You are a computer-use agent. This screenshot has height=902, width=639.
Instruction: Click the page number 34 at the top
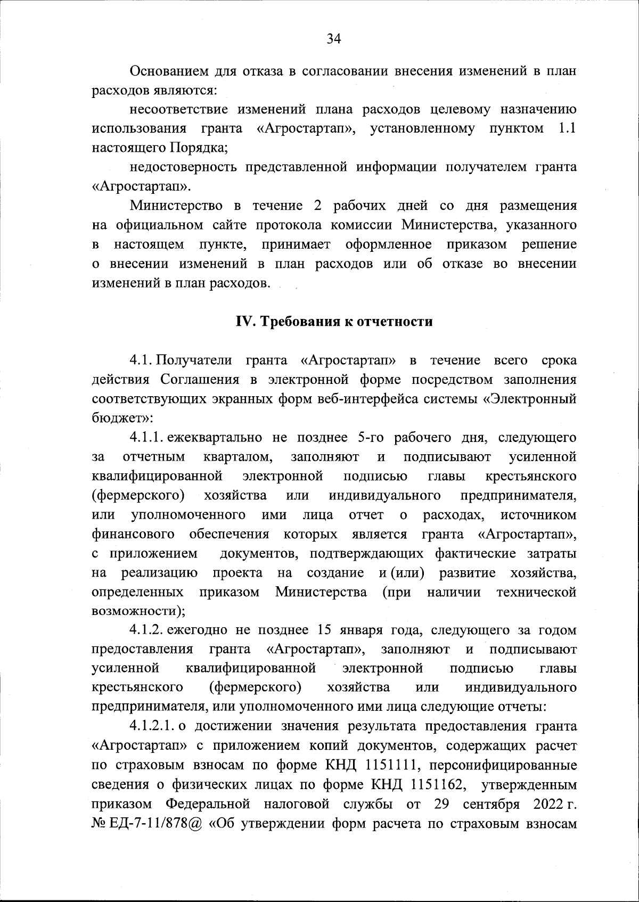pyautogui.click(x=333, y=38)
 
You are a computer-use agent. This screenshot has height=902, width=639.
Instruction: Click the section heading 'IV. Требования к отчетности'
pyautogui.click(x=334, y=322)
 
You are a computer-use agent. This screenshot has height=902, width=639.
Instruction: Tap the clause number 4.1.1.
pyautogui.click(x=148, y=438)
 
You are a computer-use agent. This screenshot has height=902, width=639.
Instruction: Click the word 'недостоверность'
pyautogui.click(x=183, y=167)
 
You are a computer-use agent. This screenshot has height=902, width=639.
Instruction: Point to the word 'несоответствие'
pyautogui.click(x=179, y=110)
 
